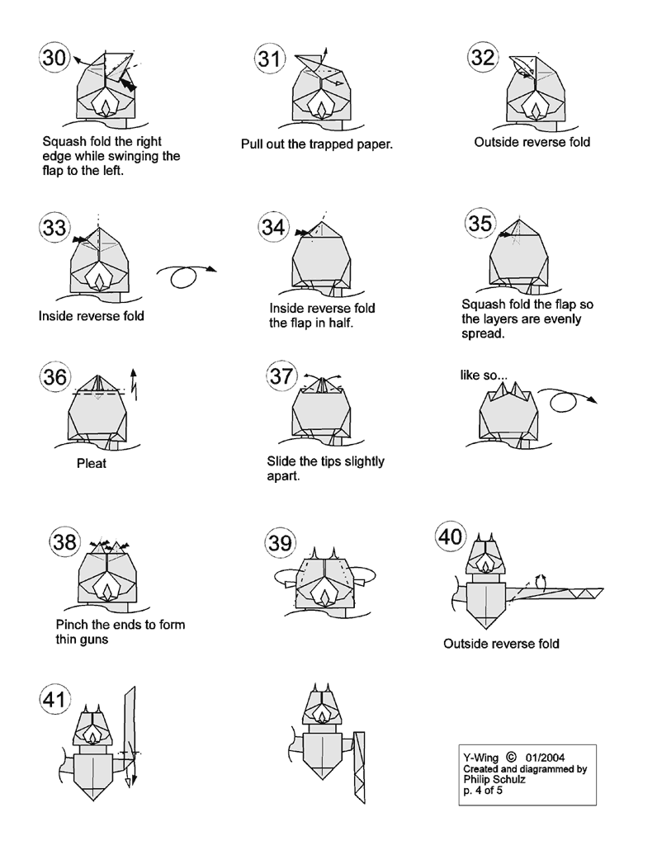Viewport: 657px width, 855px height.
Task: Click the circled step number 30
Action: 54,59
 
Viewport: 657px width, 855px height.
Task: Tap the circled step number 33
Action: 54,229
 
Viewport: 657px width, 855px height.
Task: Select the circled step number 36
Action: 54,377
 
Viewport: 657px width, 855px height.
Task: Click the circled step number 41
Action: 54,701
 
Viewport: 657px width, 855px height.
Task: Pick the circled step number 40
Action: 451,537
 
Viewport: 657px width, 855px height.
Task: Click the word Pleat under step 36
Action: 91,464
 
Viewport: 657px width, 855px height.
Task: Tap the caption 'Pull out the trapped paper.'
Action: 316,144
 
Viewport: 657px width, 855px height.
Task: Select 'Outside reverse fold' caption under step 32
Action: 532,142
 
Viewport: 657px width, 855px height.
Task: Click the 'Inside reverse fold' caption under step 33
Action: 91,316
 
